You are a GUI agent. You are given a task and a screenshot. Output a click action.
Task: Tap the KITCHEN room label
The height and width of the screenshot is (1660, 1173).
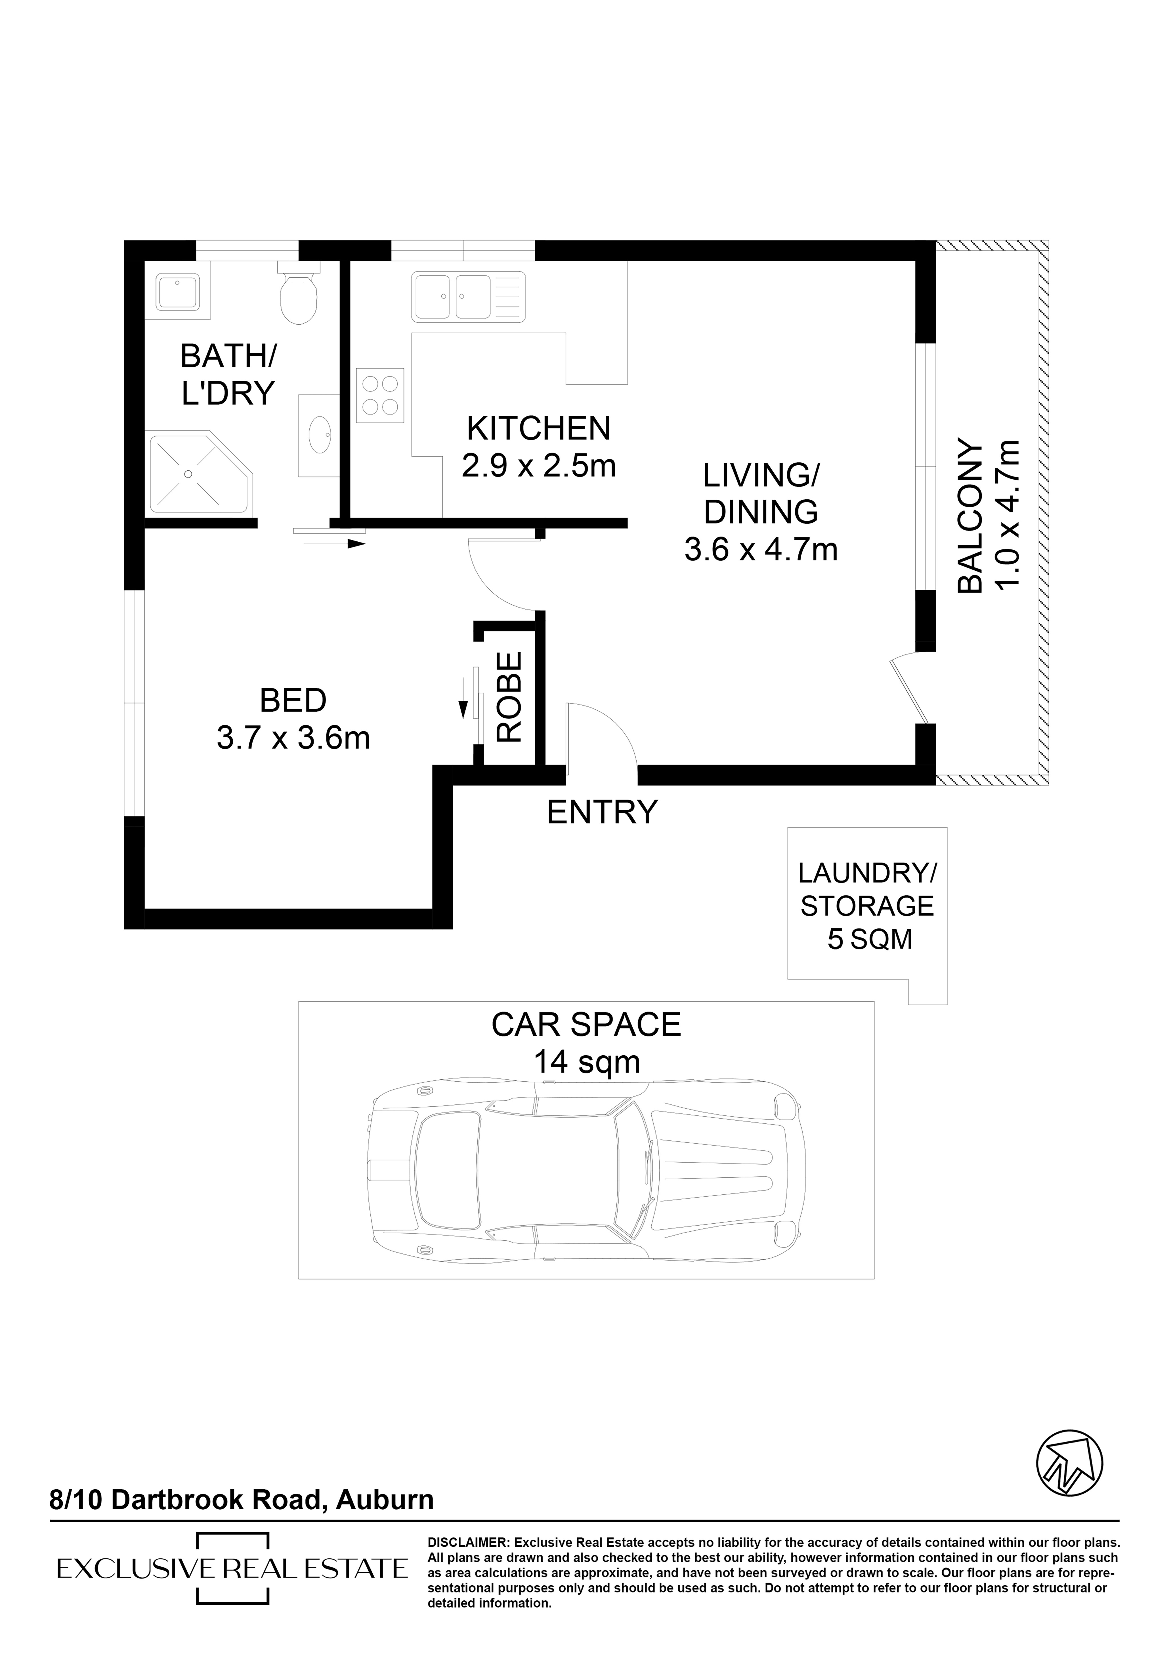538,429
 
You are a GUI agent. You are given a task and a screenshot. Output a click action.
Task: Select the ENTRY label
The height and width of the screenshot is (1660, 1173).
602,812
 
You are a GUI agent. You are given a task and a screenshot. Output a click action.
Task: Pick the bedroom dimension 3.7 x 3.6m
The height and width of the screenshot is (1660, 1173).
293,738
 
